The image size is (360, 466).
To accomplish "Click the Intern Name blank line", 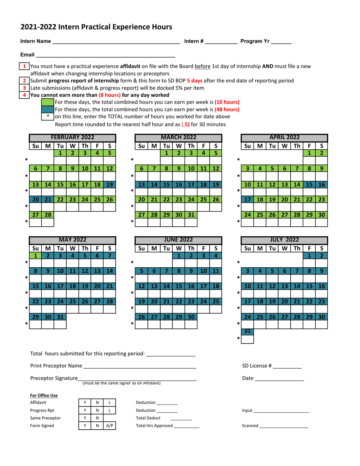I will tap(116, 42).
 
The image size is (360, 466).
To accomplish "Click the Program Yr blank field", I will tap(281, 42).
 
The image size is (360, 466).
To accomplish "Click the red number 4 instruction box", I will tap(24, 95).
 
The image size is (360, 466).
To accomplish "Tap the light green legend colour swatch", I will tap(48, 102).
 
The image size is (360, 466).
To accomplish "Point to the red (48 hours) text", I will tap(227, 109).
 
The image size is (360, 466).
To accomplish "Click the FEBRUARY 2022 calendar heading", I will tap(72, 137).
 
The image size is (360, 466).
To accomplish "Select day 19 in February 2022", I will tap(110, 185).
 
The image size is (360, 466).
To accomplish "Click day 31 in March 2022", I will tap(191, 215).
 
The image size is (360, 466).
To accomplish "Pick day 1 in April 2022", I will tap(309, 153).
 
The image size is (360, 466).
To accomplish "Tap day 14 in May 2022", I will tap(110, 271).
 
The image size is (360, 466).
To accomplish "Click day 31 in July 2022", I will tap(247, 331).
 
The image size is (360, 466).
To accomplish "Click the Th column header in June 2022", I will tap(191, 248).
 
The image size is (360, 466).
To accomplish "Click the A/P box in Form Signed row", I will tap(110, 425).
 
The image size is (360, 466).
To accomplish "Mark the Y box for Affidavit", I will tap(85, 403).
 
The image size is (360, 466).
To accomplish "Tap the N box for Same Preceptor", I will tap(97, 418).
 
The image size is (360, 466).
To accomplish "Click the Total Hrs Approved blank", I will tap(186, 426).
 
